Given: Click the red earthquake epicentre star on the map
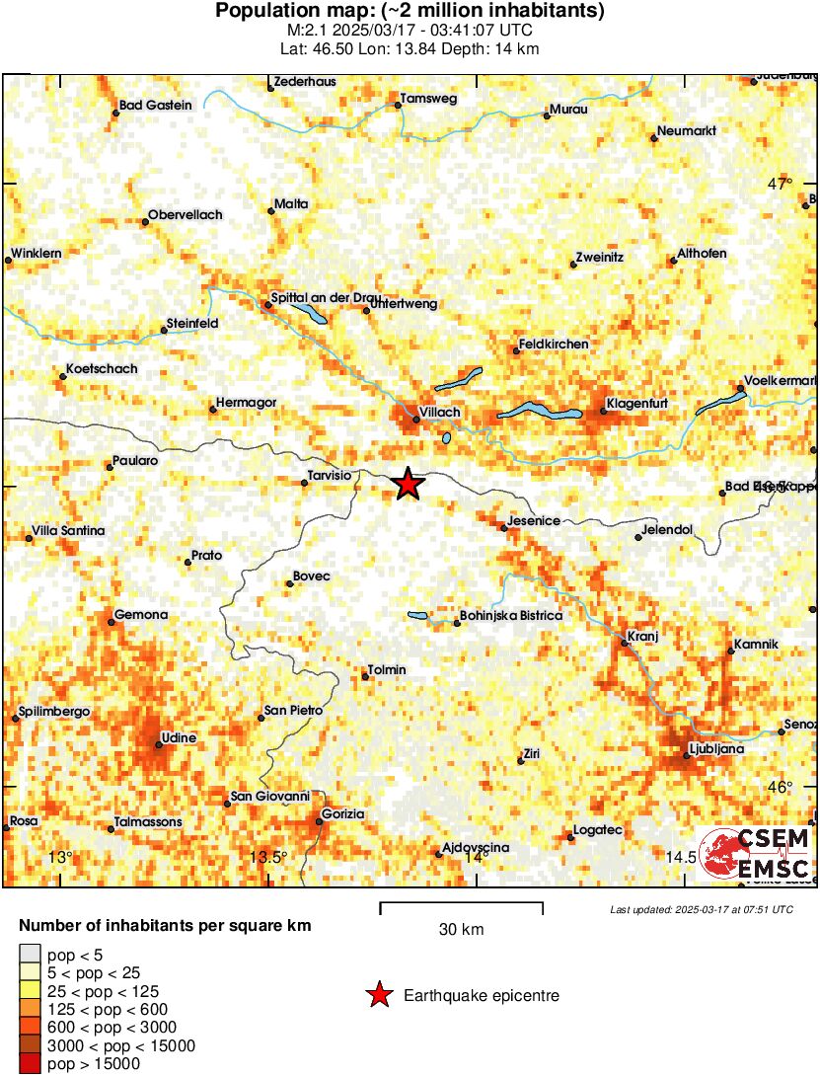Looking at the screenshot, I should coord(408,484).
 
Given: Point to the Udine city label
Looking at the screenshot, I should coord(179,737).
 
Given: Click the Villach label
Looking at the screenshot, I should coord(440,412).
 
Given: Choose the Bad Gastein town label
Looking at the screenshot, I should coord(155,106).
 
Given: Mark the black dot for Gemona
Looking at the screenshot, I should coord(111,623).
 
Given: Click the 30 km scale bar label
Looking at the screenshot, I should coord(461,929).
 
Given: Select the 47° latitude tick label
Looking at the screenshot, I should coord(781,184).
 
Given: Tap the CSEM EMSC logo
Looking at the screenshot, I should coord(755,853).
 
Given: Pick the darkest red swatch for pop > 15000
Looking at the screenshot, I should coord(30,1064).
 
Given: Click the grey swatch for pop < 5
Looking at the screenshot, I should coord(30,955).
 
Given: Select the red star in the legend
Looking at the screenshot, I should coord(378,996).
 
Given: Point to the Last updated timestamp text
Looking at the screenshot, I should coord(702,909).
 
